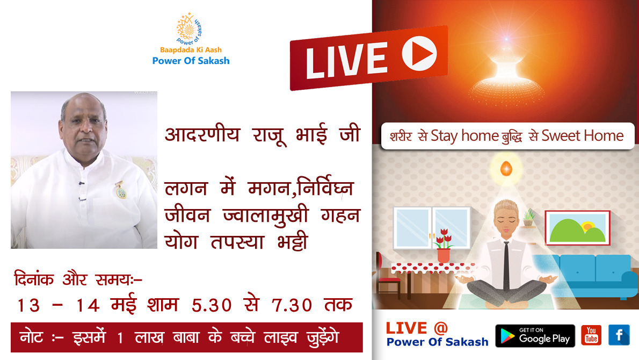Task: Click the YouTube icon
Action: (591, 335)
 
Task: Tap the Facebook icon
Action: (619, 335)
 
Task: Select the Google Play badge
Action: (535, 335)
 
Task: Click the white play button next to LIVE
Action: (419, 53)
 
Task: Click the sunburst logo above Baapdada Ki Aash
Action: (189, 28)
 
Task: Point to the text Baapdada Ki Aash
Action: (191, 50)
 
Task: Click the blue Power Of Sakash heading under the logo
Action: (191, 61)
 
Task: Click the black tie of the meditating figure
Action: (506, 265)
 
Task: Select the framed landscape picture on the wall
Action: (577, 227)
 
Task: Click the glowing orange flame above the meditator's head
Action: (506, 168)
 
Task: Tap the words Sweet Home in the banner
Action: (583, 135)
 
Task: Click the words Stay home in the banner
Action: (464, 136)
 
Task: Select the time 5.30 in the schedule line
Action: (212, 305)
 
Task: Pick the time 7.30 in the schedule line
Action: (292, 305)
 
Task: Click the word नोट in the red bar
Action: (31, 337)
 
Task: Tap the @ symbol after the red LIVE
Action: (440, 327)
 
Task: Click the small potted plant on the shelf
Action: (528, 218)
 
